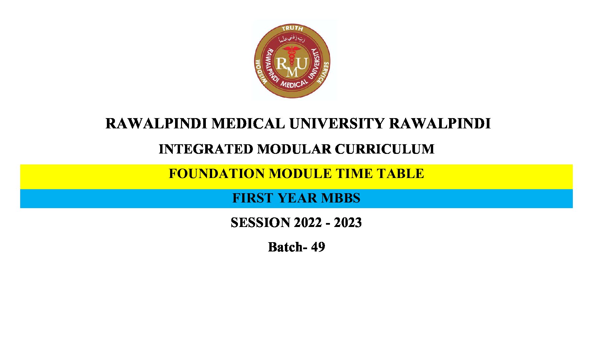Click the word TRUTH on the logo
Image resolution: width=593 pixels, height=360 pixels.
(292, 28)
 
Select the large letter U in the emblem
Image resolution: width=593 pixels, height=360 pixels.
(302, 63)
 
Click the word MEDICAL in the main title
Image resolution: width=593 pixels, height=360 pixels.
(248, 123)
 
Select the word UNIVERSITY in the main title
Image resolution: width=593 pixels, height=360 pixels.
(337, 123)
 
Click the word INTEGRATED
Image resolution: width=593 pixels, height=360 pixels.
(206, 149)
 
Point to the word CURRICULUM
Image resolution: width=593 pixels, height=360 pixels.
(385, 149)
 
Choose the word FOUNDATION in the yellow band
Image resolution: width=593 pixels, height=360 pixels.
(216, 174)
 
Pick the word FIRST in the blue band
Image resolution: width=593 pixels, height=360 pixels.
(253, 198)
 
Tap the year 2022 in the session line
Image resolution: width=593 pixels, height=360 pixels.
(308, 222)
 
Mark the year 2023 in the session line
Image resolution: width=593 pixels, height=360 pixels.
(348, 222)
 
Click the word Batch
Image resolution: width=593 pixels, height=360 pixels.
(285, 247)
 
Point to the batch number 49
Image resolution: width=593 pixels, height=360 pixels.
(318, 247)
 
